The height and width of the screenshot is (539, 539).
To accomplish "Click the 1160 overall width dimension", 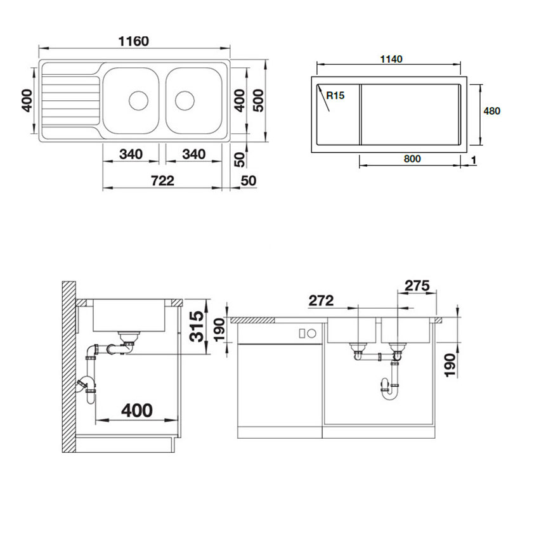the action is tap(134, 41).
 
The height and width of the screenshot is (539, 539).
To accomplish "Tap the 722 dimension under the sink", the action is tap(162, 181).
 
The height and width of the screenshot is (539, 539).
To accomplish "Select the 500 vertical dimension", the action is tap(259, 100).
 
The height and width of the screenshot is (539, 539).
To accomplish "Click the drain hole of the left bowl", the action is tap(138, 101).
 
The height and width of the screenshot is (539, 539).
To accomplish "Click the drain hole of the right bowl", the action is tap(185, 101).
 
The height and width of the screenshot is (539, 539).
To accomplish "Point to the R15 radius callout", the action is tap(335, 95).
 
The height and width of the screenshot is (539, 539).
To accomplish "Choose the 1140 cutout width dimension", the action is tap(391, 59).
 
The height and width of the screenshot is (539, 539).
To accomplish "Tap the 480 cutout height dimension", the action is tap(492, 111).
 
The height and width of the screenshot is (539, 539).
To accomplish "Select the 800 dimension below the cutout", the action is tap(412, 159).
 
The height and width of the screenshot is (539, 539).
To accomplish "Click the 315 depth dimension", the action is tap(197, 326).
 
